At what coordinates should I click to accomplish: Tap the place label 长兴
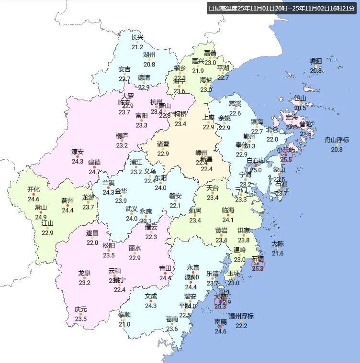pyautogui.click(x=137, y=37)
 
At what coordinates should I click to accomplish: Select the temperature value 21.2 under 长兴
pyautogui.click(x=137, y=47)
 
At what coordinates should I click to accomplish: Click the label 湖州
pyautogui.click(x=149, y=55)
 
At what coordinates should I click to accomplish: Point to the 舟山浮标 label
pyautogui.click(x=337, y=140)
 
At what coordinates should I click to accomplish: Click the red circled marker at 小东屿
pyautogui.click(x=286, y=155)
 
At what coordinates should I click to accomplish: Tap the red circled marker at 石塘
pyautogui.click(x=258, y=264)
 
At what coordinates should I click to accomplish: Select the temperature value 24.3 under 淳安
pyautogui.click(x=78, y=162)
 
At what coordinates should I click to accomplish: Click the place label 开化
pyautogui.click(x=34, y=189)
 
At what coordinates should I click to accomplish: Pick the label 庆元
pyautogui.click(x=81, y=309)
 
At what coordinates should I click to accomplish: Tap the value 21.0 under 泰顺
pyautogui.click(x=124, y=324)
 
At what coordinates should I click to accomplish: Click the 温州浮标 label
pyautogui.click(x=241, y=316)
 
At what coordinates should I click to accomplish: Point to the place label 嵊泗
pyautogui.click(x=316, y=61)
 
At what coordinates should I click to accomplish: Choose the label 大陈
pyautogui.click(x=278, y=243)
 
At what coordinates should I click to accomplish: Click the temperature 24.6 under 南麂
pyautogui.click(x=220, y=331)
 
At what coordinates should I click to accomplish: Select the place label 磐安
pyautogui.click(x=175, y=196)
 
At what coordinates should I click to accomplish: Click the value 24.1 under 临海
pyautogui.click(x=228, y=220)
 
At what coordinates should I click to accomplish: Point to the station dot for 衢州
pyautogui.click(x=67, y=205)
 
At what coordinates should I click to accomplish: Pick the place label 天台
pyautogui.click(x=213, y=188)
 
